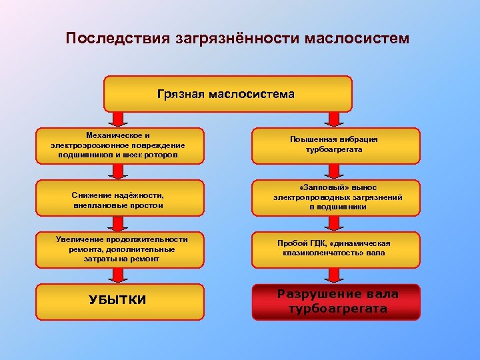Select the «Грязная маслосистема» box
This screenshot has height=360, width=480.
227,93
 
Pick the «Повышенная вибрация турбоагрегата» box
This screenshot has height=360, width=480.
335,145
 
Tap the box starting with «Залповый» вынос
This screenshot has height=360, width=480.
335,197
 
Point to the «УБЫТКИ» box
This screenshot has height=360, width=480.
119,301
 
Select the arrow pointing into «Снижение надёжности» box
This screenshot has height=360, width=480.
119,171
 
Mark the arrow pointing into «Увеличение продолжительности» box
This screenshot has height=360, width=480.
119,223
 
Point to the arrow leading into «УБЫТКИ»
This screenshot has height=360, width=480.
119,275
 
